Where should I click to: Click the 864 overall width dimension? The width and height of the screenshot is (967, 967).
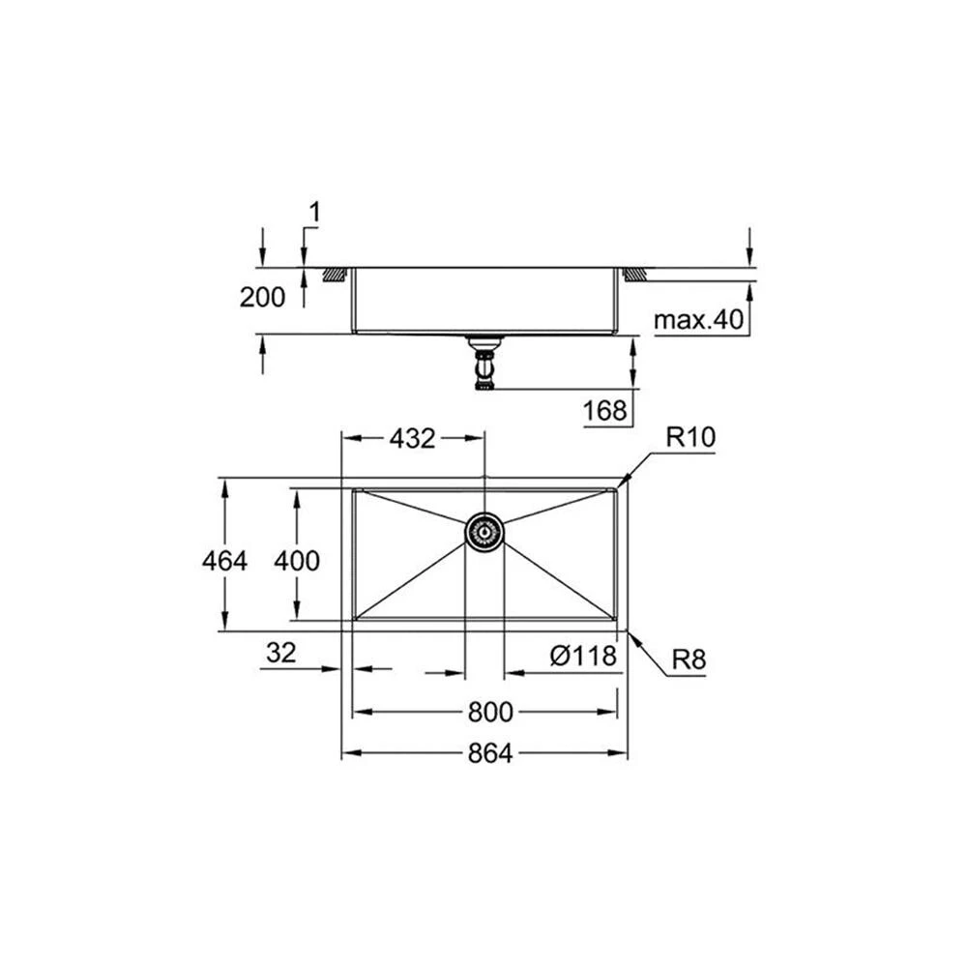tap(489, 753)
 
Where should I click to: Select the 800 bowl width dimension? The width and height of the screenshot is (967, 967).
tap(490, 713)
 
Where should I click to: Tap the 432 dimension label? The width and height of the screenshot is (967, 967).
tap(413, 438)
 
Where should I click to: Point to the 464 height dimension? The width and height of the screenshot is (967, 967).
tap(224, 561)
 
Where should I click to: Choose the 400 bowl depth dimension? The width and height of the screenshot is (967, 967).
tap(297, 561)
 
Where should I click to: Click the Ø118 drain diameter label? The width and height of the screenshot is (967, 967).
tap(583, 657)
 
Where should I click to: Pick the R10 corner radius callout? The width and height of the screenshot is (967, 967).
tap(690, 437)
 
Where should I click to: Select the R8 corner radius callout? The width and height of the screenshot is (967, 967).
tap(689, 659)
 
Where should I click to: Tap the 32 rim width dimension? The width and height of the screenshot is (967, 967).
tap(281, 653)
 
